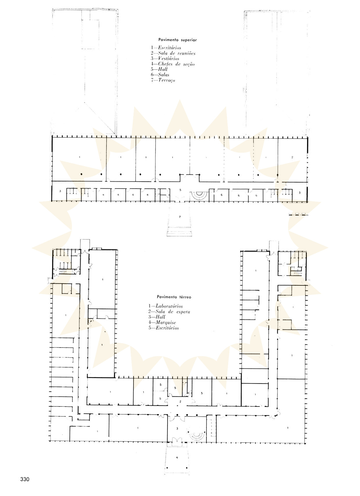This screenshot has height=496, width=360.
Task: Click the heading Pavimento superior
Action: pyautogui.click(x=177, y=40)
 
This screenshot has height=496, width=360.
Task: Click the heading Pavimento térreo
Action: pyautogui.click(x=174, y=297)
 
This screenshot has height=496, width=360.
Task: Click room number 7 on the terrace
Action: pyautogui.click(x=180, y=217)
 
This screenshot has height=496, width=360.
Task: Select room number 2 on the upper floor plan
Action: pyautogui.click(x=292, y=157)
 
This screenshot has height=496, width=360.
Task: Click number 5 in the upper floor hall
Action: pyautogui.click(x=180, y=190)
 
